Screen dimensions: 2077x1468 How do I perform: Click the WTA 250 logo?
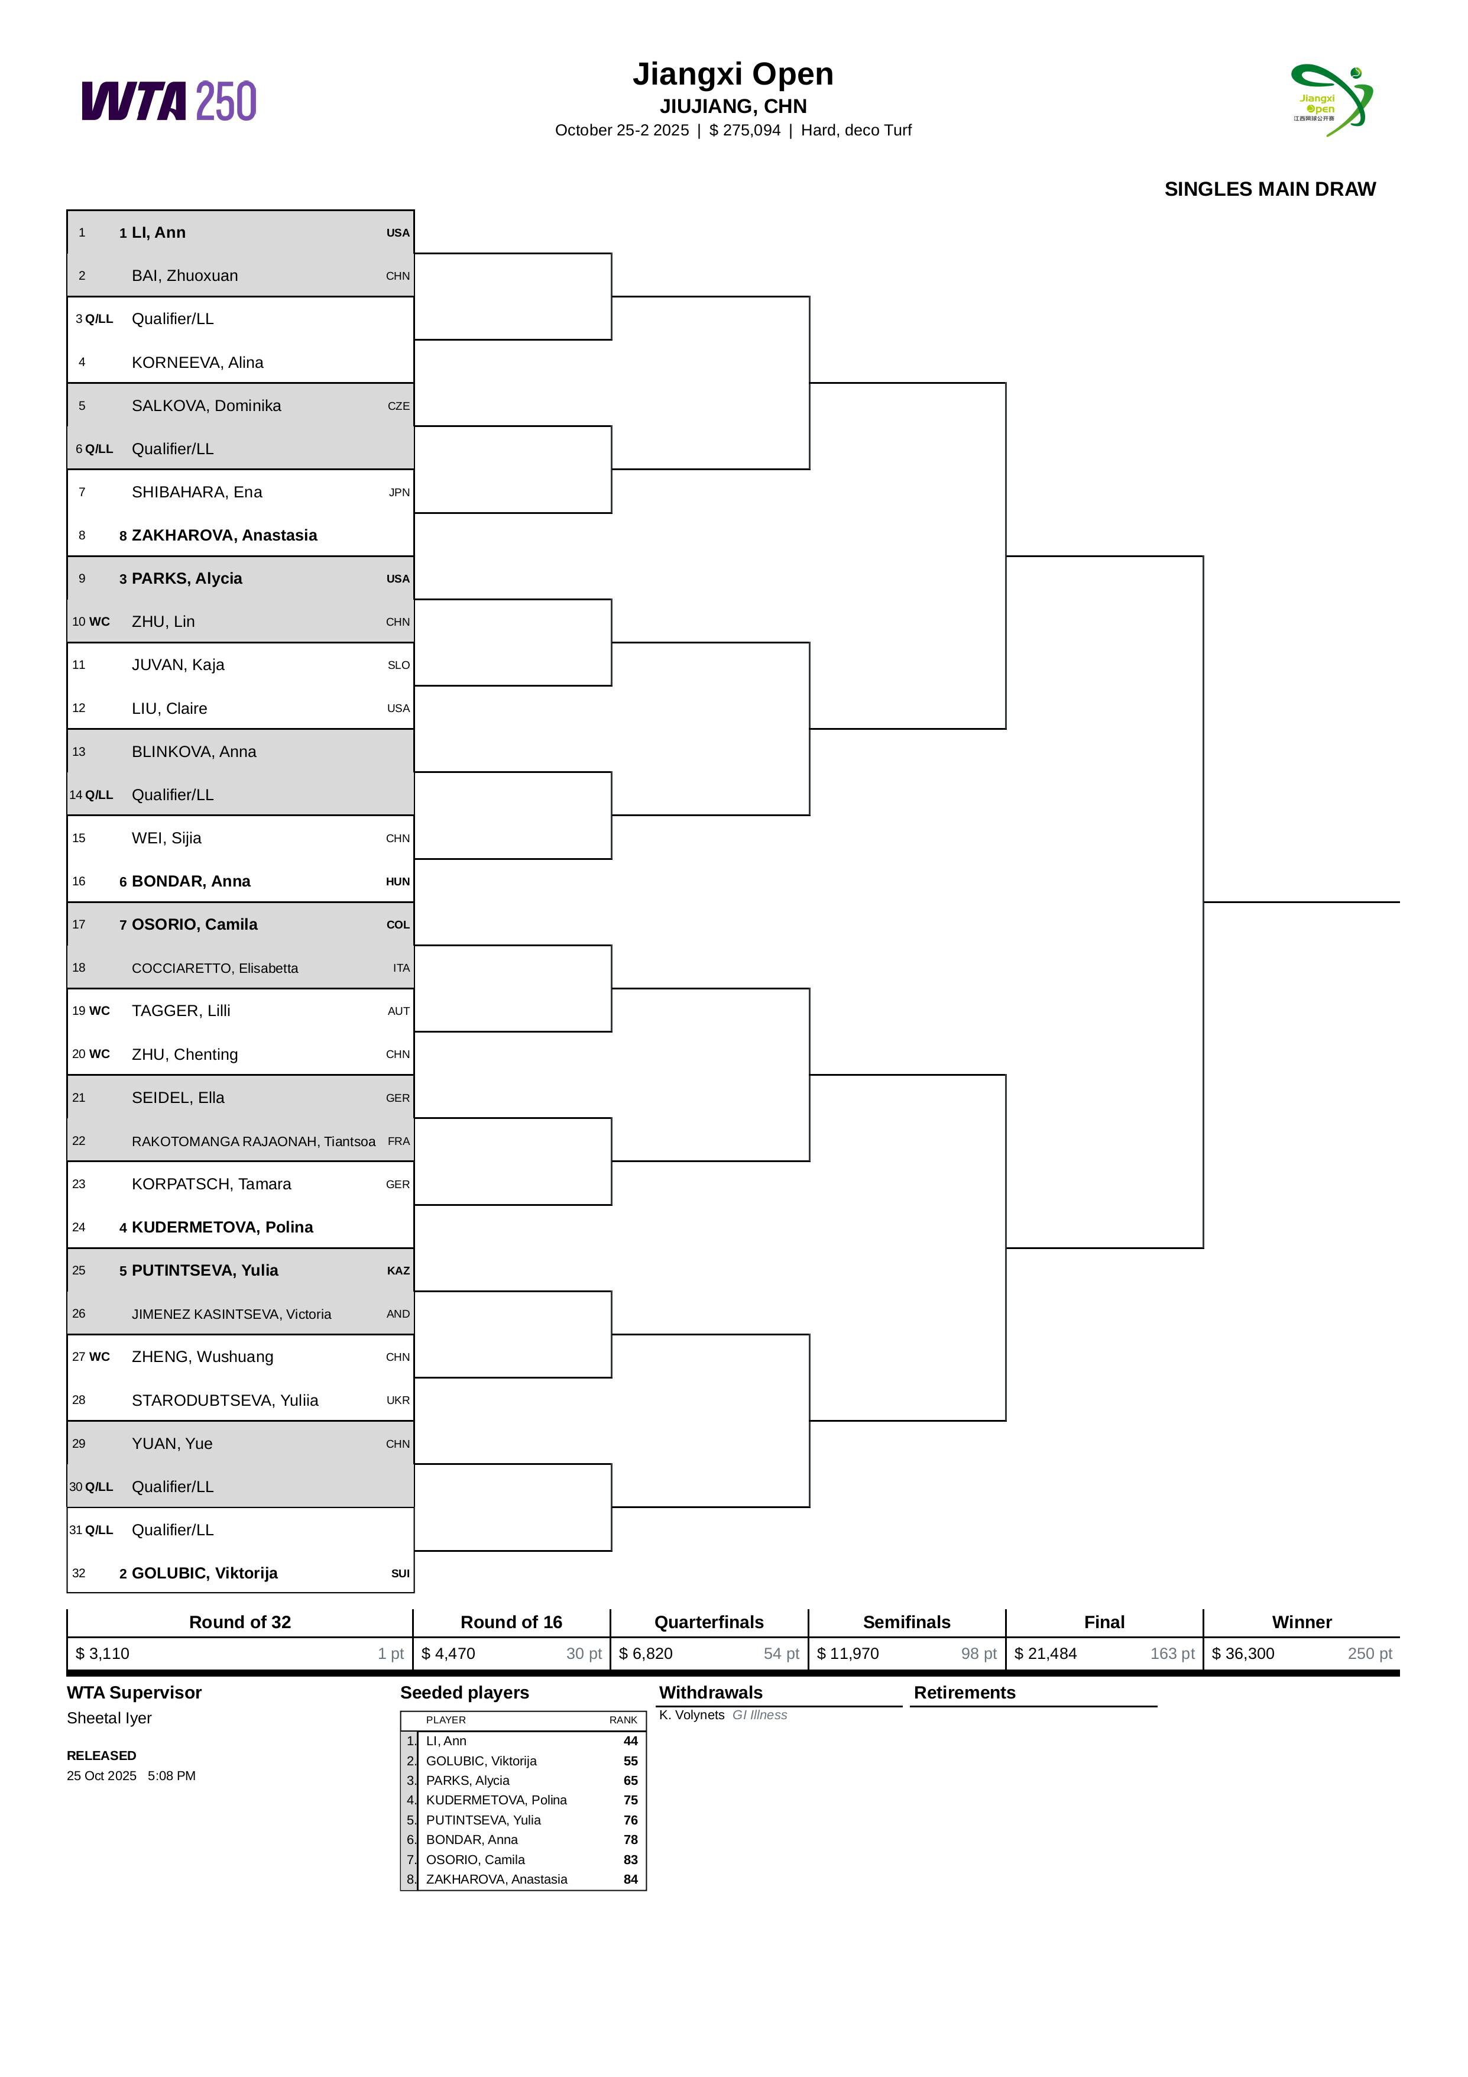pyautogui.click(x=169, y=101)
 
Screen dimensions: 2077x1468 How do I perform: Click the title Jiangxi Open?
pyautogui.click(x=733, y=74)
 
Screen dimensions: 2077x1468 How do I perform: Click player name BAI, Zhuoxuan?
pyautogui.click(x=184, y=276)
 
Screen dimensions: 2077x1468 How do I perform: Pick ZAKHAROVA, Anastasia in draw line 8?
pyautogui.click(x=224, y=536)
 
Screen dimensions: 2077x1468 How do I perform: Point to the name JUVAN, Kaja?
pyautogui.click(x=178, y=665)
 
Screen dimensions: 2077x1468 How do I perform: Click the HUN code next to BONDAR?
pyautogui.click(x=398, y=882)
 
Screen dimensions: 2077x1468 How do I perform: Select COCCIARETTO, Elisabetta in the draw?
pyautogui.click(x=215, y=968)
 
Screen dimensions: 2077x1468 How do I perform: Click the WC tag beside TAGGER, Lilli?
pyautogui.click(x=99, y=1011)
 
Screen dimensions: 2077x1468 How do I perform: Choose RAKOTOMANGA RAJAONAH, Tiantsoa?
pyautogui.click(x=253, y=1141)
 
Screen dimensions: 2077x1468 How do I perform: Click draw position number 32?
pyautogui.click(x=79, y=1573)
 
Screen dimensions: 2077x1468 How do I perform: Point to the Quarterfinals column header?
pyautogui.click(x=709, y=1622)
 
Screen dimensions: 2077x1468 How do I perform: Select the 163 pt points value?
pyautogui.click(x=1172, y=1654)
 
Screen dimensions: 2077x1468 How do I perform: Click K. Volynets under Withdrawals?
pyautogui.click(x=692, y=1715)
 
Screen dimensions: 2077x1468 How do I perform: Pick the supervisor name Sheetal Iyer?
pyautogui.click(x=109, y=1718)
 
